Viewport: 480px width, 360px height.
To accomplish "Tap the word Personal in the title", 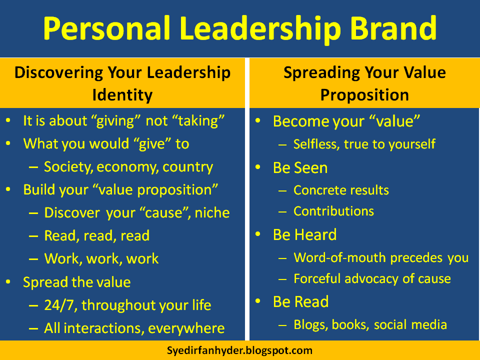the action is (x=106, y=28).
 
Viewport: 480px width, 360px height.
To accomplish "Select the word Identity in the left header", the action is (x=122, y=95).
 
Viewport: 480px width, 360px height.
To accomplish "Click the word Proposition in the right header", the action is (x=364, y=95).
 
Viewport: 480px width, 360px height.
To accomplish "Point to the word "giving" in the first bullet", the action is (x=116, y=121).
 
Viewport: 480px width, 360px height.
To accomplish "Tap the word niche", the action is (x=212, y=213).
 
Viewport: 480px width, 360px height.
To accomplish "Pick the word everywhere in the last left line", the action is (x=186, y=328).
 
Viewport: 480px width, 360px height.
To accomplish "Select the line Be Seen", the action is (x=300, y=168).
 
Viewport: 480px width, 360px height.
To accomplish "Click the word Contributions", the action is (x=333, y=211).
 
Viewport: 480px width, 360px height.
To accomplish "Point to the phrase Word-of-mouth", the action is (x=340, y=258).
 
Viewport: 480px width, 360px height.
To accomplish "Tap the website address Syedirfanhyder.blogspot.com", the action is (x=239, y=350).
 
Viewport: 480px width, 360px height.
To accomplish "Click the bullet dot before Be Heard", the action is (x=258, y=234).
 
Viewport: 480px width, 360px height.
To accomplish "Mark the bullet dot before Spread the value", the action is (x=8, y=281).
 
